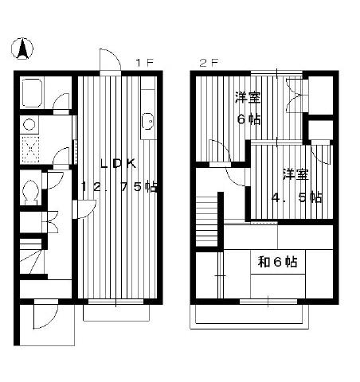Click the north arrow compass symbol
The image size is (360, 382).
[22, 49]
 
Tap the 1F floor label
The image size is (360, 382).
[145, 63]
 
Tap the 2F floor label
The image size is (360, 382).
[209, 63]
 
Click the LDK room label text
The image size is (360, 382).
[119, 163]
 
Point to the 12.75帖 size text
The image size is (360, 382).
[120, 187]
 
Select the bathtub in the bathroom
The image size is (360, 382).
[32, 93]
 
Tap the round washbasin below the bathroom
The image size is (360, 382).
[29, 124]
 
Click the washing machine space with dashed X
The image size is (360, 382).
[30, 150]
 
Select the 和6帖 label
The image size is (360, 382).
[278, 262]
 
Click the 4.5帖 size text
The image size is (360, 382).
[297, 197]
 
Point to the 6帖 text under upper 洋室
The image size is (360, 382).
[248, 119]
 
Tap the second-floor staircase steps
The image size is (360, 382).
[207, 221]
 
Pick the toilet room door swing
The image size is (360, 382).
[53, 181]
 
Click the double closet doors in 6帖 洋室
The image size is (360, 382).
[294, 95]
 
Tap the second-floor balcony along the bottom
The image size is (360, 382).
[249, 317]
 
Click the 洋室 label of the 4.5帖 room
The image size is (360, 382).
[295, 175]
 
